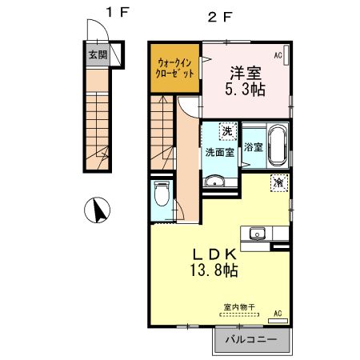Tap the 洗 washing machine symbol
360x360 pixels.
pyautogui.click(x=228, y=130)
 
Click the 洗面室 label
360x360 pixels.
pyautogui.click(x=218, y=152)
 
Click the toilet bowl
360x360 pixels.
pyautogui.click(x=161, y=194)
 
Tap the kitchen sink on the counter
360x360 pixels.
pyautogui.click(x=258, y=234)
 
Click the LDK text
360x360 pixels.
pyautogui.click(x=213, y=253)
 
